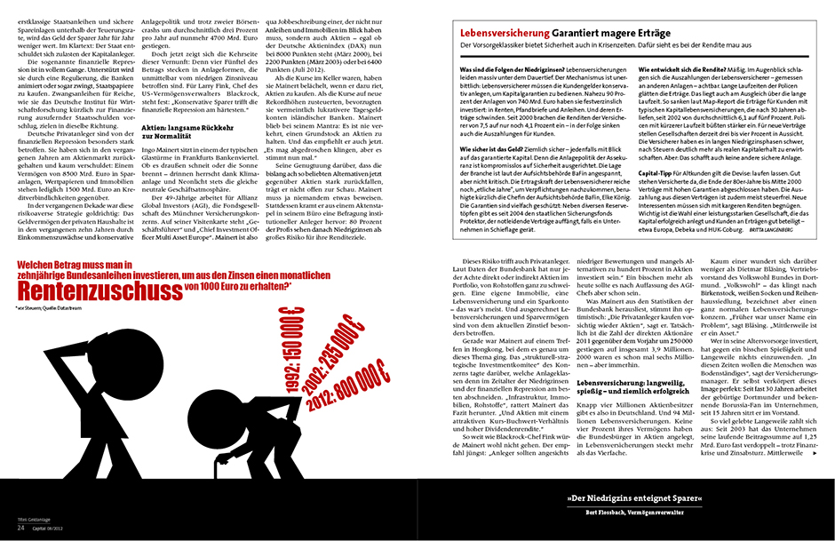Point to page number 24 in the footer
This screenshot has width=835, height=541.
pos(20,527)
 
